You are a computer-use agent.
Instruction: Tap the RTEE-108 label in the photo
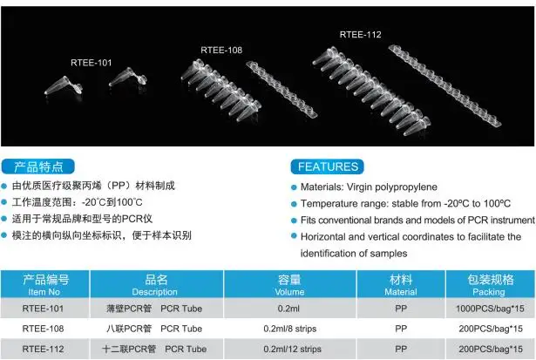(x=221, y=50)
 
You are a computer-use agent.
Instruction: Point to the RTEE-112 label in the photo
(x=360, y=35)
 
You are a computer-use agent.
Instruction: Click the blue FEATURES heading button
(x=328, y=166)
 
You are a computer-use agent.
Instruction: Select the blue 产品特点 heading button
(x=40, y=166)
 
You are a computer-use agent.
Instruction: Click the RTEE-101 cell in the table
(x=44, y=309)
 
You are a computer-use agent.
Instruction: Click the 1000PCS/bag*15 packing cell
(x=491, y=309)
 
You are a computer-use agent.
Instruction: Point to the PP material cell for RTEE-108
(x=400, y=329)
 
